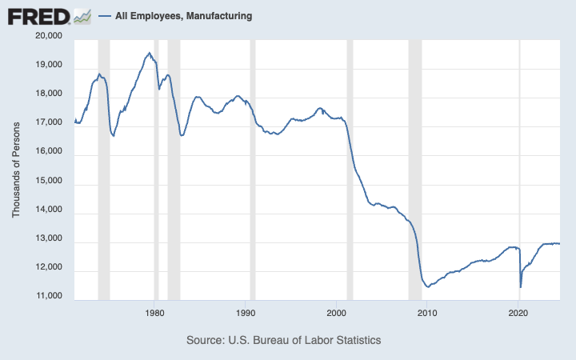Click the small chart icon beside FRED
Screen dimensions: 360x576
click(x=82, y=15)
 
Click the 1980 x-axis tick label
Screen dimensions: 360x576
click(x=155, y=313)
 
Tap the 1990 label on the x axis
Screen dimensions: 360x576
click(x=246, y=313)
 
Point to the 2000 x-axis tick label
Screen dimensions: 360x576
click(x=337, y=313)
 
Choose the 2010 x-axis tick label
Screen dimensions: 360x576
click(x=428, y=313)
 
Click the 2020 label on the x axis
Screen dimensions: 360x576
click(x=519, y=313)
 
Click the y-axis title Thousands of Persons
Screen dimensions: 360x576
click(x=15, y=167)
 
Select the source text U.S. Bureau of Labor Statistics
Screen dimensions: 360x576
click(x=283, y=340)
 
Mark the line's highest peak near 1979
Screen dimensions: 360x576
click(x=149, y=53)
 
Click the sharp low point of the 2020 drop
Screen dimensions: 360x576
click(x=521, y=286)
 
